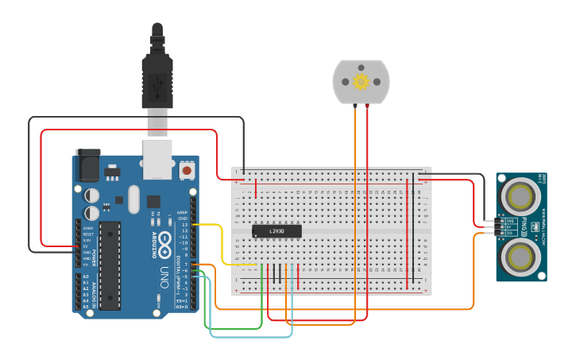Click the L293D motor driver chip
pyautogui.click(x=276, y=231)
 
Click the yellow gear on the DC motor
pyautogui.click(x=361, y=81)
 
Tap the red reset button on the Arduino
pyautogui.click(x=187, y=169)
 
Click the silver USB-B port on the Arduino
pyautogui.click(x=157, y=159)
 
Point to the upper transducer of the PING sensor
pyautogui.click(x=520, y=193)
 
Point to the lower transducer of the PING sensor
pyautogui.click(x=520, y=255)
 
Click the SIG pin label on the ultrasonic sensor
pyautogui.click(x=510, y=233)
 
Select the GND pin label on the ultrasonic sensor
pyautogui.click(x=510, y=221)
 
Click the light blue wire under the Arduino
pyautogui.click(x=246, y=337)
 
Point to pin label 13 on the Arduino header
pyautogui.click(x=184, y=225)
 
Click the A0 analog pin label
pyautogui.click(x=86, y=277)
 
